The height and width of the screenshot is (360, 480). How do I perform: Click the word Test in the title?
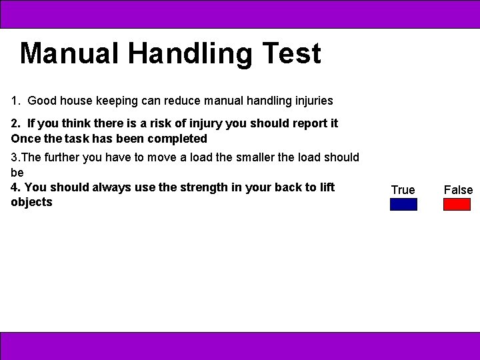292,53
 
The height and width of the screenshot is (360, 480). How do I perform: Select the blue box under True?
403,204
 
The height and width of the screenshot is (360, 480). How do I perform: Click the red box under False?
457,204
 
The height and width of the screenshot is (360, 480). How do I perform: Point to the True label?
403,190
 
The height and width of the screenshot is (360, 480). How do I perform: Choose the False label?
458,190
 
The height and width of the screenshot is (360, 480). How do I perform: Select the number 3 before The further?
14,157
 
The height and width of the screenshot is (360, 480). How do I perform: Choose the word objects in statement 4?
31,202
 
